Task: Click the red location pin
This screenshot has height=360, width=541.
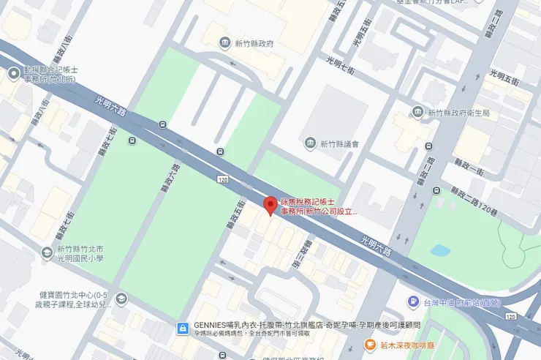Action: (270, 205)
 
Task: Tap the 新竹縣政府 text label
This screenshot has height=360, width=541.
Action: (254, 44)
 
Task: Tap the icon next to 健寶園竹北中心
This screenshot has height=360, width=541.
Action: (121, 299)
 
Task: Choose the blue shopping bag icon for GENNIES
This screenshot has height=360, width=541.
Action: (182, 329)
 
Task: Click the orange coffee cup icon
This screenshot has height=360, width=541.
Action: (372, 345)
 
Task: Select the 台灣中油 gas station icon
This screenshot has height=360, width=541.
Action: (413, 301)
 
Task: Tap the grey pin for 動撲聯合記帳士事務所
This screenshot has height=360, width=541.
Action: (13, 73)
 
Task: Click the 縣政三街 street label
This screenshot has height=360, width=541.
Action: (301, 258)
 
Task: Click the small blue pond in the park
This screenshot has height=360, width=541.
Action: (440, 250)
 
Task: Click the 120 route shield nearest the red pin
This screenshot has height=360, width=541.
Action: (222, 179)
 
